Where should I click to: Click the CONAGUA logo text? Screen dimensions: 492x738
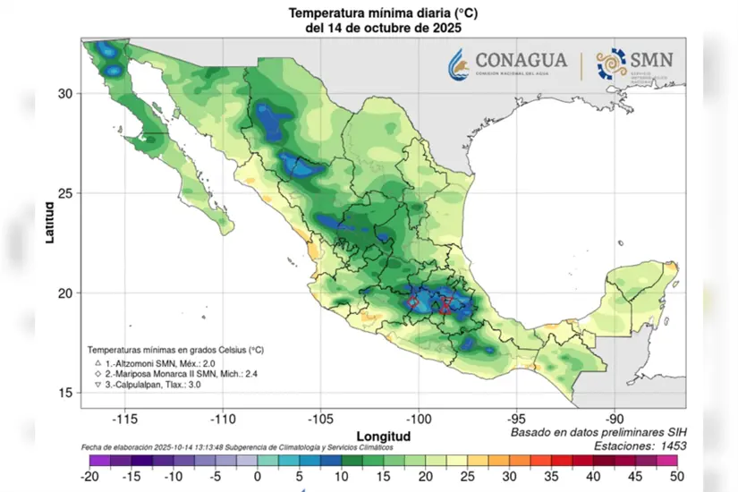pyautogui.click(x=521, y=61)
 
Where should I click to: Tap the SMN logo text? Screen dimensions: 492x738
pyautogui.click(x=653, y=61)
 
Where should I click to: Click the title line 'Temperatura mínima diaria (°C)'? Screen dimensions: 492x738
pyautogui.click(x=377, y=13)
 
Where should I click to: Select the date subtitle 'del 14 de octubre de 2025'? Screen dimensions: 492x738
pyautogui.click(x=377, y=28)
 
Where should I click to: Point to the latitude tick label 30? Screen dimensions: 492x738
pyautogui.click(x=65, y=93)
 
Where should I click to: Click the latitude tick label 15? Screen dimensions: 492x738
pyautogui.click(x=65, y=393)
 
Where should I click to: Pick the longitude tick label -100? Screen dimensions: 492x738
pyautogui.click(x=419, y=418)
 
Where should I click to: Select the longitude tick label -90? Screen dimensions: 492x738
pyautogui.click(x=615, y=418)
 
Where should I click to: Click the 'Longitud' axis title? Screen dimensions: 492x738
pyautogui.click(x=379, y=436)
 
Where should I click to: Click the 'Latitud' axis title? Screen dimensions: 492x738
pyautogui.click(x=50, y=223)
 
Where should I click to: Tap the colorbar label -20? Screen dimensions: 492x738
pyautogui.click(x=88, y=476)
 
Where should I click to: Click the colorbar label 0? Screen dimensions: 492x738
pyautogui.click(x=258, y=476)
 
